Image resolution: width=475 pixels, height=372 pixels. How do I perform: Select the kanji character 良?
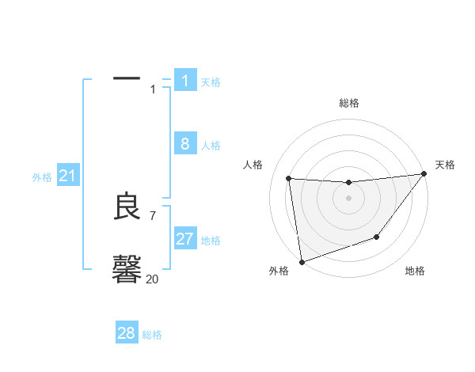[127, 207]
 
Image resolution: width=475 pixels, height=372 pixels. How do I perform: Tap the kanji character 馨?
[127, 269]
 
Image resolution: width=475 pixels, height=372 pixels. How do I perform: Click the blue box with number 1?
[185, 80]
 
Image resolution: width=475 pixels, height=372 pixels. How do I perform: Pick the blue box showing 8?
[185, 143]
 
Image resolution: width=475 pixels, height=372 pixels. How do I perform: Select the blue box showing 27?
[185, 238]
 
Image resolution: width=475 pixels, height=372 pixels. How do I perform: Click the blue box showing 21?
[67, 176]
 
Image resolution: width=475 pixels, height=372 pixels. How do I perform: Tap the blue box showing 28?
[127, 333]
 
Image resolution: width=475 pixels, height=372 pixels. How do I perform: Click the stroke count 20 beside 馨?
[153, 279]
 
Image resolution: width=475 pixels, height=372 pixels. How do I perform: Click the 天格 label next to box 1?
[211, 82]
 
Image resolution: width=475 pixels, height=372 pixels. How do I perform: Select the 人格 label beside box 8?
[211, 146]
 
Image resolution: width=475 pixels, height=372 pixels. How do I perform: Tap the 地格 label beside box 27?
[211, 241]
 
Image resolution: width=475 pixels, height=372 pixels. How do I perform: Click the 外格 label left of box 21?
[42, 178]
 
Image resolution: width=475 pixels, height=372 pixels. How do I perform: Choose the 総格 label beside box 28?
[152, 336]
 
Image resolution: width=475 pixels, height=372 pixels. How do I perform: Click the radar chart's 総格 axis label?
[348, 103]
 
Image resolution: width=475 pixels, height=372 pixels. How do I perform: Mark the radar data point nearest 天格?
[424, 174]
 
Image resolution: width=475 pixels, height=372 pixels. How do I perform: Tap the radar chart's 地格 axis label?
[415, 271]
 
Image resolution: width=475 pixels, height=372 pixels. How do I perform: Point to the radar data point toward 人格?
[289, 179]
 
